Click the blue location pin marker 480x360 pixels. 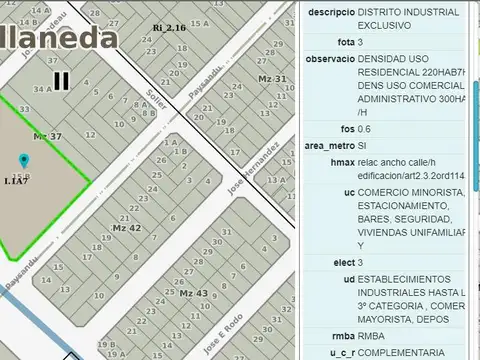(23, 160)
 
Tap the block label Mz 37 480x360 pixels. (47, 136)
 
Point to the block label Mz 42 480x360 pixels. (126, 228)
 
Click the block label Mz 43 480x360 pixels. (193, 292)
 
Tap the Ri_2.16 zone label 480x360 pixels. (169, 28)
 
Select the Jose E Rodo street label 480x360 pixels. (222, 333)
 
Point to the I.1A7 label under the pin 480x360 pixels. (15, 181)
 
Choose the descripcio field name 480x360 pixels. (330, 12)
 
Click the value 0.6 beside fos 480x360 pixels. (365, 129)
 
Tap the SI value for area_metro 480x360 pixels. (363, 145)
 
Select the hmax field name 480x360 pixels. (342, 162)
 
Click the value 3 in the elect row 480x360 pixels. (361, 262)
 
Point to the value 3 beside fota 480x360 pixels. (361, 42)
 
